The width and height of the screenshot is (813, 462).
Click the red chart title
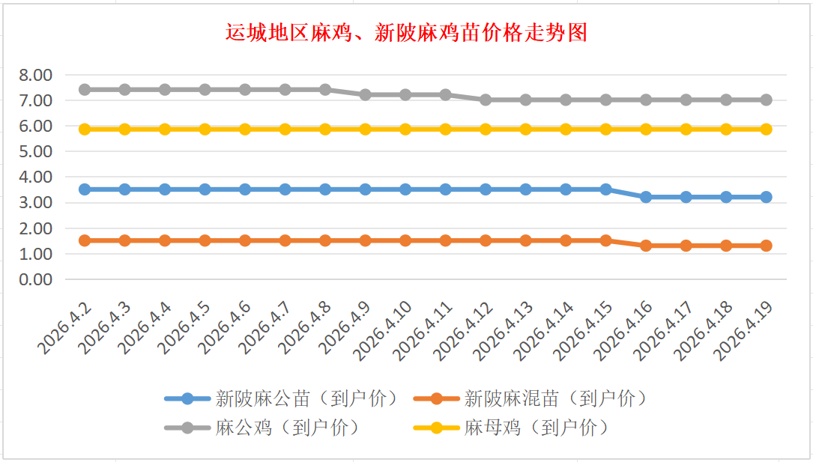[x=406, y=33]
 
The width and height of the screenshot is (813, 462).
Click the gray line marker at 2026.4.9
[x=365, y=95]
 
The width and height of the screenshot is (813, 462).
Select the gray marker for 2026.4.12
[x=486, y=100]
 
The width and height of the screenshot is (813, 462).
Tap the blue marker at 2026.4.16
[x=646, y=197]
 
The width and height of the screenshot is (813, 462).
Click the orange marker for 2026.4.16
[x=646, y=246]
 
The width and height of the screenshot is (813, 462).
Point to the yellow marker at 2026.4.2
[x=85, y=129]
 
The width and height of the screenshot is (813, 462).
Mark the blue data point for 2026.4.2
[x=85, y=189]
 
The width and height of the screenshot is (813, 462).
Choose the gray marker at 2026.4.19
[x=766, y=100]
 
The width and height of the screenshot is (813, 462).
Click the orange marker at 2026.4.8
[x=325, y=240]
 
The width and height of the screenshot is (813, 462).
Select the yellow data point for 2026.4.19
[x=766, y=129]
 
